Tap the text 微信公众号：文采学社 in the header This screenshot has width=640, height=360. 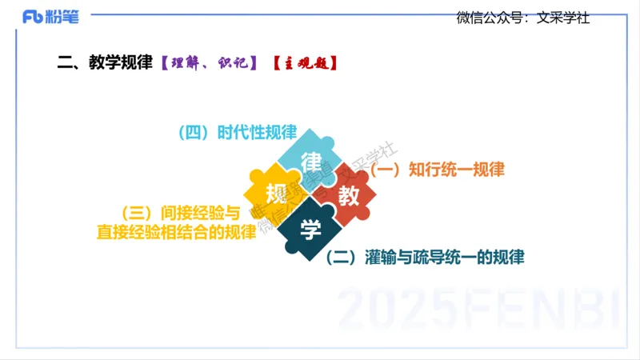tap(522, 18)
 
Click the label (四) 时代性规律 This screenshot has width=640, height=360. tap(238, 132)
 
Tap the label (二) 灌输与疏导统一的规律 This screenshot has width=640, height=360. tap(426, 258)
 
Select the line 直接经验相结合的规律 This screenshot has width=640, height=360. tap(177, 231)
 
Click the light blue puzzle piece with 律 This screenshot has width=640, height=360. tap(311, 157)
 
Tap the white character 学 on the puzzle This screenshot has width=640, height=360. tap(311, 230)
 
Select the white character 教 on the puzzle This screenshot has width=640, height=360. tap(349, 195)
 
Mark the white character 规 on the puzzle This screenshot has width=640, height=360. tap(276, 194)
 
